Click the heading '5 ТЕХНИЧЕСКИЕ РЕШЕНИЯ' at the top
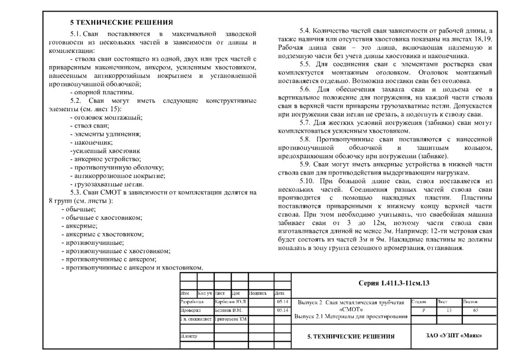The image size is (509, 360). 121,22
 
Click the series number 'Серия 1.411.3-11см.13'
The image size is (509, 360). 394,283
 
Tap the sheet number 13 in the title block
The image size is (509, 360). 448,310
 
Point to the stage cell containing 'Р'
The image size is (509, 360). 424,310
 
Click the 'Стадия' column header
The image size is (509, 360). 419,301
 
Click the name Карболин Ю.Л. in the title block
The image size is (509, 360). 231,302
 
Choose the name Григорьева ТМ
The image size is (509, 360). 231,319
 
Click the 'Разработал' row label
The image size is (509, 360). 192,302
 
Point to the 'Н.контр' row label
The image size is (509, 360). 189,336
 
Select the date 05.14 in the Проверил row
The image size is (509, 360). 281,310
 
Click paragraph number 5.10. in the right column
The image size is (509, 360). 309,180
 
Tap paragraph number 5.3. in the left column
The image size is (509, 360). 77,192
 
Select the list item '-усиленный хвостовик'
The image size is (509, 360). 105,151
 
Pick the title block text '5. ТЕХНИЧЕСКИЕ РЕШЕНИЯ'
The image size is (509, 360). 351,337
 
